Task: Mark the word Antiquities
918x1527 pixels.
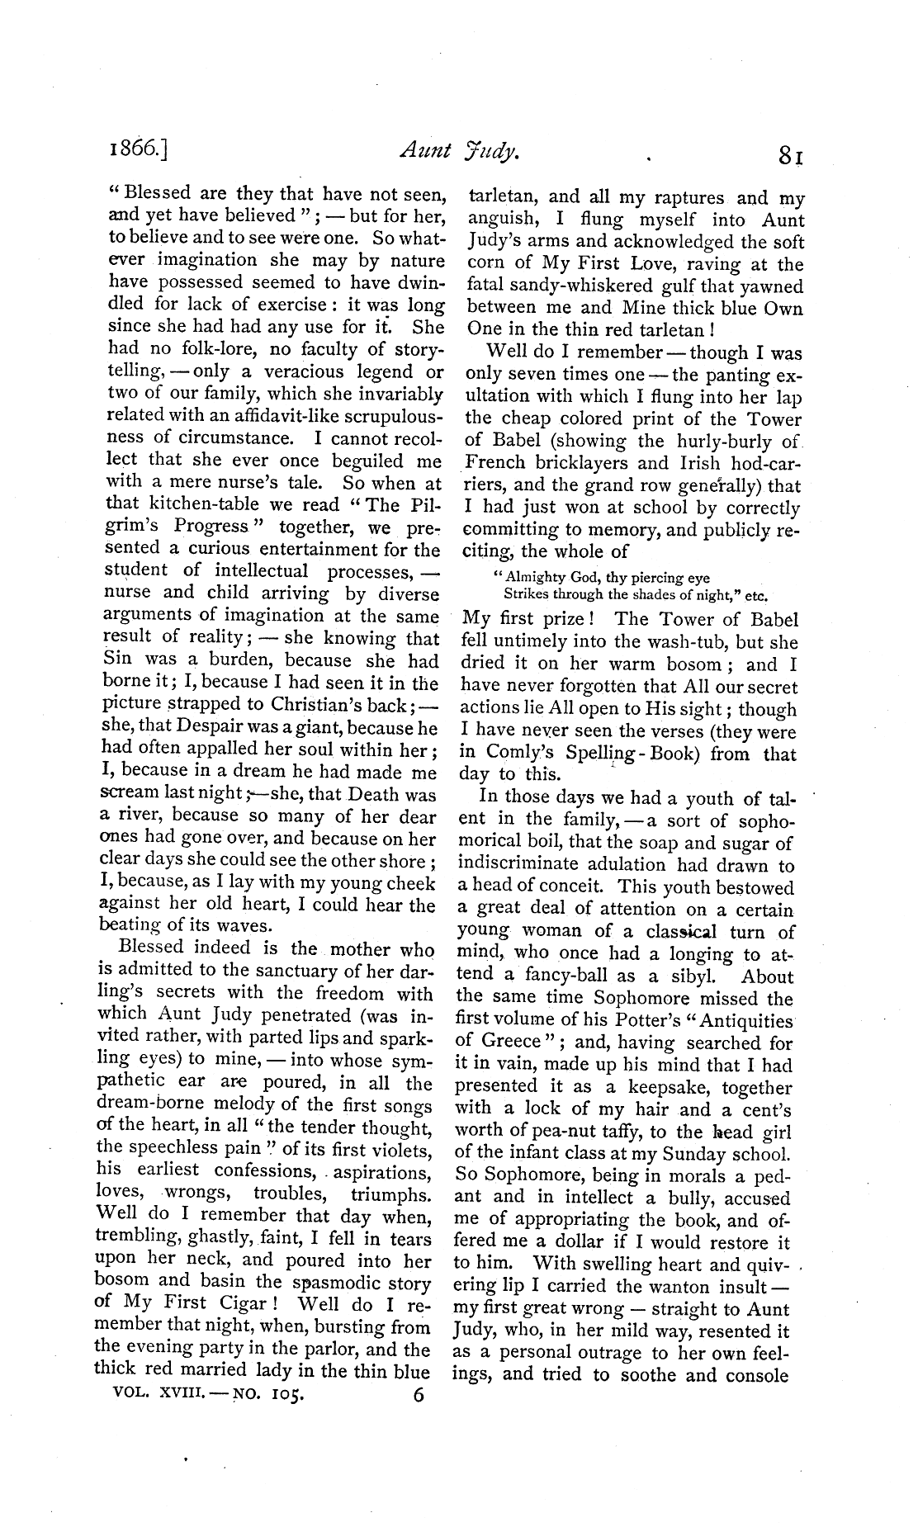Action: point(745,1021)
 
